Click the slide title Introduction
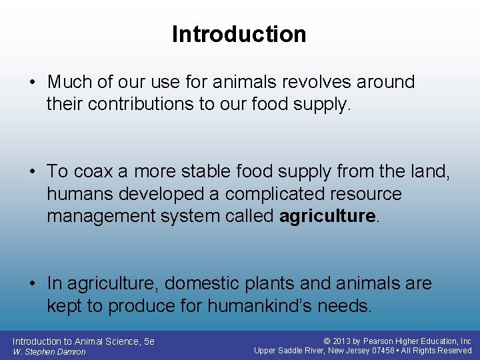239,34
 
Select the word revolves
315,83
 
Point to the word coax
93,172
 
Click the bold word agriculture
328,217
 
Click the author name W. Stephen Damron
49,351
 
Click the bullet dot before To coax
33,172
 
